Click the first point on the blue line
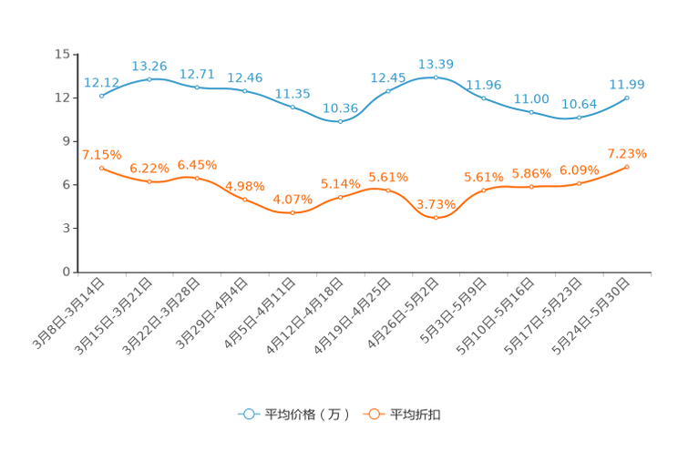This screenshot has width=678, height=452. click(x=101, y=95)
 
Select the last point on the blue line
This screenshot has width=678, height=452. click(x=628, y=97)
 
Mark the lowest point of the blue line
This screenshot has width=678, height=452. click(x=340, y=121)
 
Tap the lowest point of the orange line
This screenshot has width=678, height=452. click(x=436, y=218)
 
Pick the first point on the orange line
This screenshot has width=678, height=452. click(x=101, y=168)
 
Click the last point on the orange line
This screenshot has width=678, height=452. click(x=628, y=167)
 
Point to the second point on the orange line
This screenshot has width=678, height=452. click(x=149, y=182)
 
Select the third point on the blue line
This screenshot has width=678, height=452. click(x=197, y=87)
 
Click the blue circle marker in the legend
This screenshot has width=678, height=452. click(x=248, y=415)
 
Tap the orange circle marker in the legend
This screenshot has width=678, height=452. click(x=373, y=415)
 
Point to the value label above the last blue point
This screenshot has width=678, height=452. click(x=627, y=84)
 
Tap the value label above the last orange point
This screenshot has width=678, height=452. click(x=627, y=152)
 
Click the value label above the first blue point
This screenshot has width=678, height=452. click(x=100, y=82)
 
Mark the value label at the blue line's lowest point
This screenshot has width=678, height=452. click(x=340, y=108)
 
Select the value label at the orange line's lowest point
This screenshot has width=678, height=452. click(x=436, y=204)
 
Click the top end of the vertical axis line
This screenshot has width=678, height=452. click(x=77, y=53)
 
